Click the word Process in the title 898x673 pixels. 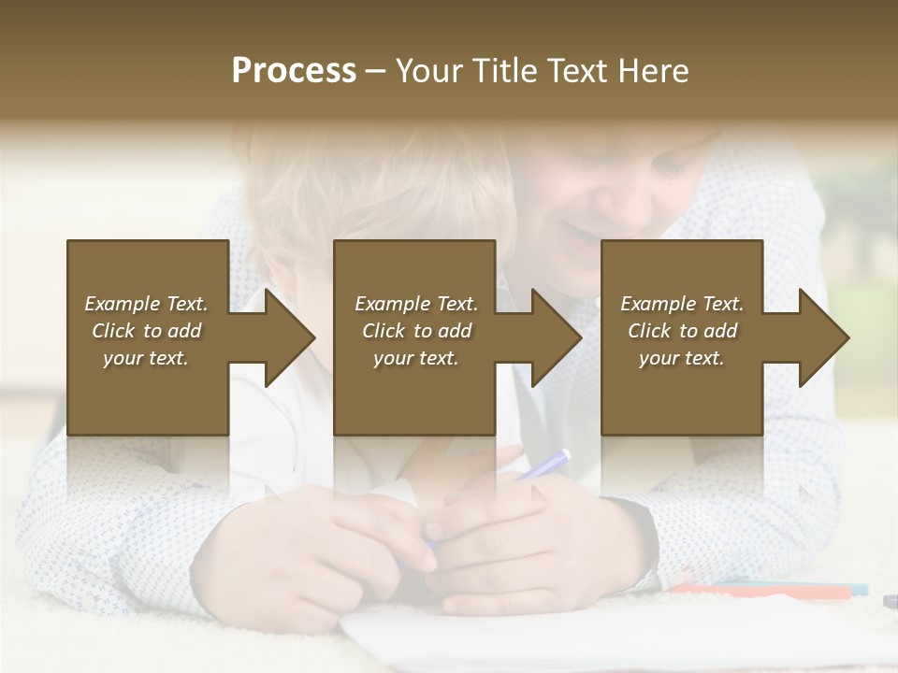tap(294, 71)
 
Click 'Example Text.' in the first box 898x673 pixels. tap(146, 304)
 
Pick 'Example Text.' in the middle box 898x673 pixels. tap(416, 304)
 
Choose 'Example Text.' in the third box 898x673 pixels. tap(682, 304)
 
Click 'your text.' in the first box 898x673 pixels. tap(146, 358)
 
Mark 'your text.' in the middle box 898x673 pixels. tap(416, 358)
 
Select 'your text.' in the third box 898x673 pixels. tap(682, 358)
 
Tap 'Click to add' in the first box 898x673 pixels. tap(146, 331)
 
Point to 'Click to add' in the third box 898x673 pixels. tap(682, 331)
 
